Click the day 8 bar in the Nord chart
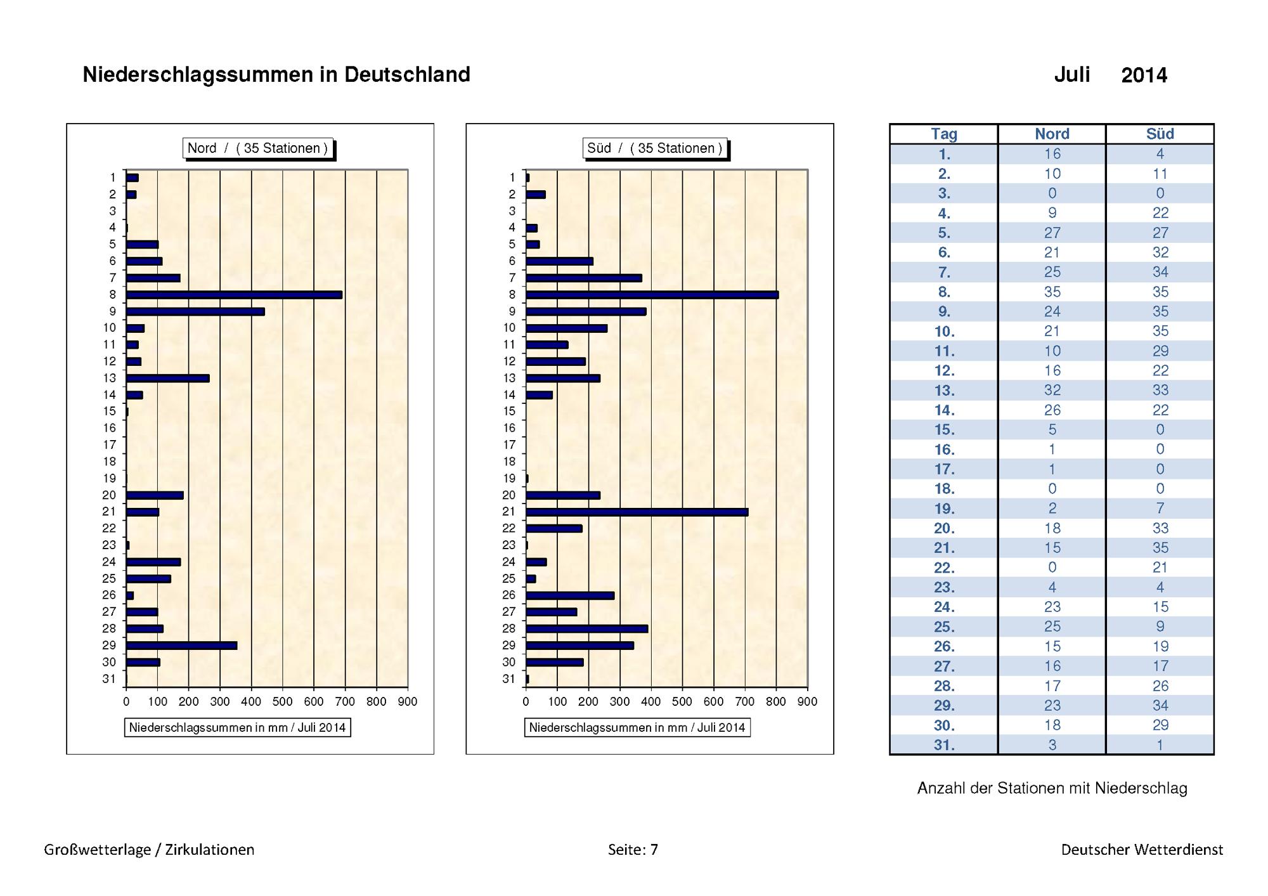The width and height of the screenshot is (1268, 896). (235, 295)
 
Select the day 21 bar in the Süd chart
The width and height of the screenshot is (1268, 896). (637, 512)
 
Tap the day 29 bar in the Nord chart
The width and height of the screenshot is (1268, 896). (182, 646)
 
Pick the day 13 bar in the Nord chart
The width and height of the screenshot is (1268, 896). (168, 379)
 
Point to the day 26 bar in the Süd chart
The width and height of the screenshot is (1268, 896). (570, 595)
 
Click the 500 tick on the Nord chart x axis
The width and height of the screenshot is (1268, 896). (283, 702)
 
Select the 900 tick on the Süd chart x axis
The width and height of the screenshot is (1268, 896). (807, 702)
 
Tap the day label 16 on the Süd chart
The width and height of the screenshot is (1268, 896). (509, 428)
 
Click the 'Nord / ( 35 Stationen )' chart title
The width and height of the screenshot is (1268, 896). (257, 148)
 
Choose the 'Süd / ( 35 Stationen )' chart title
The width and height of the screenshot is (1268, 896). (655, 148)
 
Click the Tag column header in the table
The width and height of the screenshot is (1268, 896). (944, 134)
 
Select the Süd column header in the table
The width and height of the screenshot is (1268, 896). (1160, 134)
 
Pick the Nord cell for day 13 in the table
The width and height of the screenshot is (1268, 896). (1052, 390)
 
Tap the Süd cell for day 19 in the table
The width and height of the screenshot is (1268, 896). (1160, 509)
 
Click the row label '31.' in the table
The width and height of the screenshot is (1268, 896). (944, 745)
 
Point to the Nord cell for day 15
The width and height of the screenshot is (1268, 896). (1052, 430)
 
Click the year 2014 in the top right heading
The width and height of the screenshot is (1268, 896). (1144, 75)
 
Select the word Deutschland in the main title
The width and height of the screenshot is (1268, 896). (407, 75)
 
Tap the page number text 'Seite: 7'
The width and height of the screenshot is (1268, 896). (633, 850)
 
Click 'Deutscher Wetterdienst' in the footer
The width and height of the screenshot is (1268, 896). (1142, 850)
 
